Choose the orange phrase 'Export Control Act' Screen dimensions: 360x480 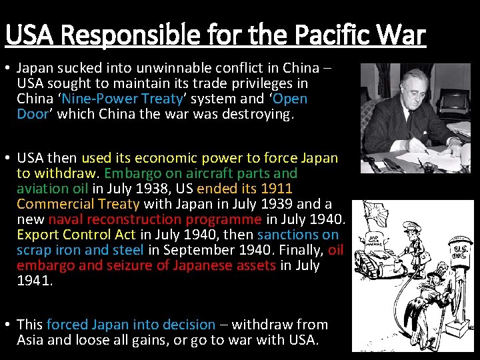[x=76, y=235]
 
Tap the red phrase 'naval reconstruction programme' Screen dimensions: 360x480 [x=155, y=219]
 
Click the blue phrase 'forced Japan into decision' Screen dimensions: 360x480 [x=131, y=325]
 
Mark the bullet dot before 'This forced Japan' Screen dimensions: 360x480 [x=8, y=325]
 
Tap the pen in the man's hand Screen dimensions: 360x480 [x=417, y=143]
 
